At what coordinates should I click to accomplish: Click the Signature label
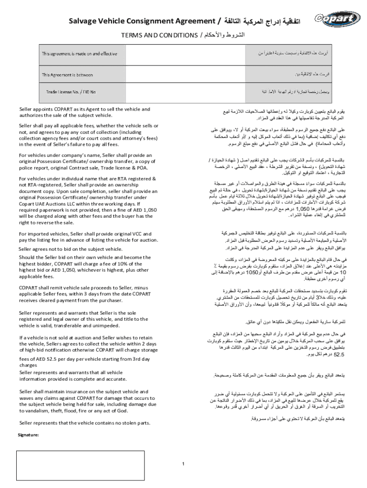(28, 435)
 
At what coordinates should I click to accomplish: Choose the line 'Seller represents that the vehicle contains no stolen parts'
(84, 423)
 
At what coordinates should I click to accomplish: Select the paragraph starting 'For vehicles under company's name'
(86, 163)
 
